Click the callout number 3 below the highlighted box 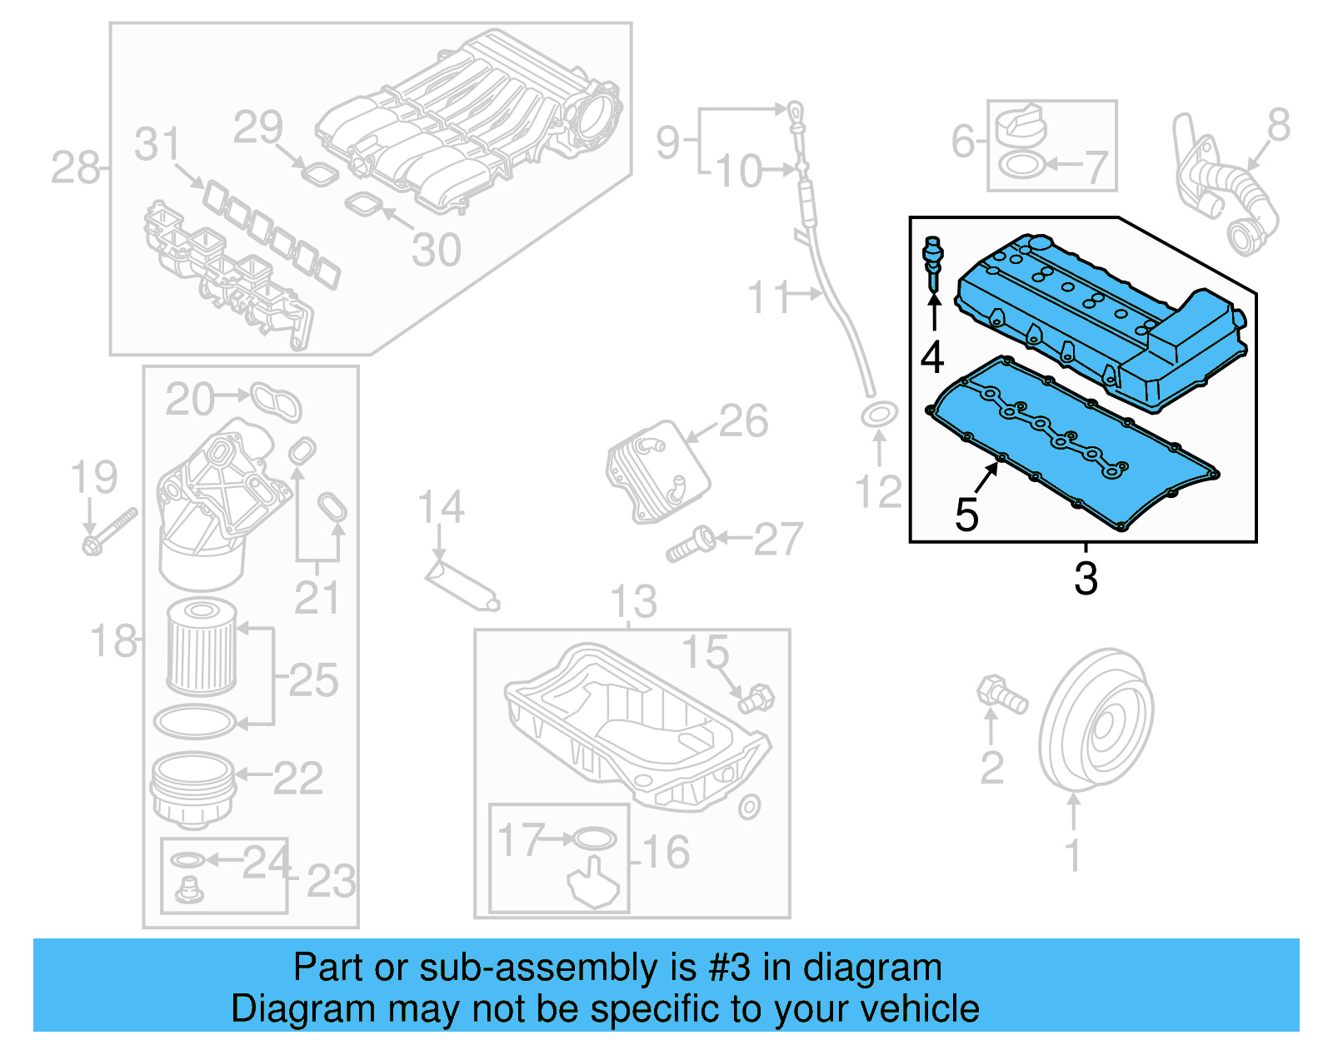click(x=1086, y=578)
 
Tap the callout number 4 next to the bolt click(x=932, y=357)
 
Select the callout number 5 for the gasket click(x=966, y=515)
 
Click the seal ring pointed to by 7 click(x=1018, y=165)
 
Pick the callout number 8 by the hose click(x=1278, y=126)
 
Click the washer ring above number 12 click(x=879, y=415)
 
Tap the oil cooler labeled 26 click(x=658, y=470)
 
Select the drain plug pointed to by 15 click(x=756, y=698)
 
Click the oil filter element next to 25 click(x=202, y=649)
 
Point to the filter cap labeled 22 click(x=192, y=787)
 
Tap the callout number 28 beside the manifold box click(x=75, y=168)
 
